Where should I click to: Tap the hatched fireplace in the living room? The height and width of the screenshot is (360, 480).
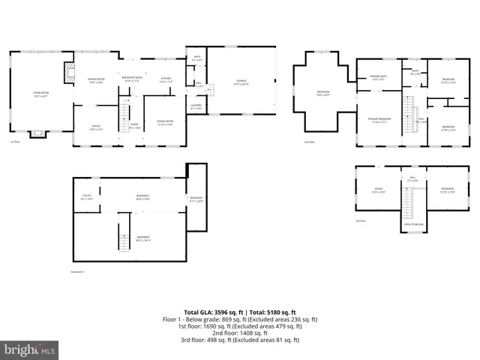(x=69, y=71)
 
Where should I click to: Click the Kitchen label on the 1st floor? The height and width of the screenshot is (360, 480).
(x=166, y=79)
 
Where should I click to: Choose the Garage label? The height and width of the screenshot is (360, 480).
(x=241, y=80)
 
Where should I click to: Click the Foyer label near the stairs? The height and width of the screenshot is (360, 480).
(x=135, y=125)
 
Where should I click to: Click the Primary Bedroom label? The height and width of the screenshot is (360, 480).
(x=378, y=119)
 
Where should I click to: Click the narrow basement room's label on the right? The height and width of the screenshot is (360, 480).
(x=196, y=199)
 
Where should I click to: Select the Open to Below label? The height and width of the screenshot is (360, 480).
(x=412, y=224)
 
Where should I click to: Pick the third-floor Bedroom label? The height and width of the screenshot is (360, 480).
(x=447, y=189)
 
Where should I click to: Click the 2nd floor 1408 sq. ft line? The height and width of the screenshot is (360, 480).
(x=240, y=333)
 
